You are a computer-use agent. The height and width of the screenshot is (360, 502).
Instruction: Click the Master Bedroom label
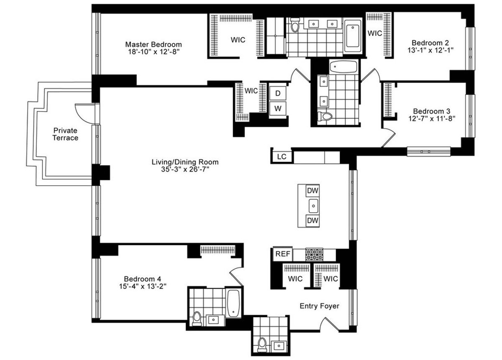154,44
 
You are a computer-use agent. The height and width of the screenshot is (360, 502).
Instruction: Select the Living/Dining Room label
185,162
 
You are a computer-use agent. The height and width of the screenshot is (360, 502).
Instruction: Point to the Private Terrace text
65,134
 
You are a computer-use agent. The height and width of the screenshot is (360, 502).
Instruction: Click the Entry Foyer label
319,306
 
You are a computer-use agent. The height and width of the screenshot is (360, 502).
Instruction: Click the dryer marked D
277,92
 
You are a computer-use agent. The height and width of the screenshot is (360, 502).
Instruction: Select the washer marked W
277,108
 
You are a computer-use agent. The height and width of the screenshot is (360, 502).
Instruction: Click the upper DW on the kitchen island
312,191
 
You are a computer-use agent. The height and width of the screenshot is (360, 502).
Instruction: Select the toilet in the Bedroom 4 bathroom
196,319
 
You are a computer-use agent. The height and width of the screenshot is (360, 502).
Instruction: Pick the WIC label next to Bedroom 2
374,33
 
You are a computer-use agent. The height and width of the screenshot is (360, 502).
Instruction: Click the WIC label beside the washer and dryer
251,91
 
